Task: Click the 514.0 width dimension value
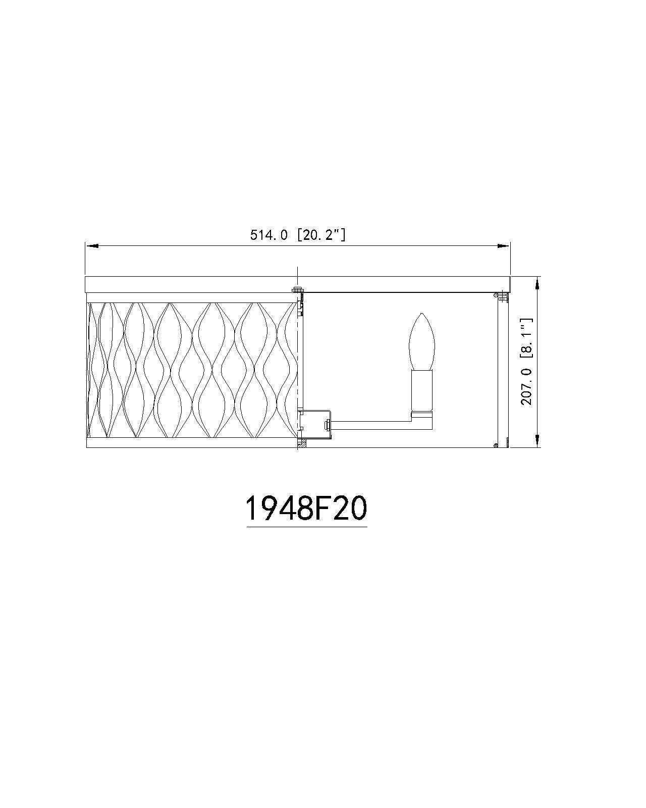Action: [x=268, y=235]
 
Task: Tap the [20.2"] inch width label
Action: [x=321, y=235]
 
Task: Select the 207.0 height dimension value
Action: [x=526, y=386]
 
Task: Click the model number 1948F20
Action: [x=306, y=509]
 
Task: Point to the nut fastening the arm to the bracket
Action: [x=327, y=425]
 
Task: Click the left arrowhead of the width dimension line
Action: [x=92, y=246]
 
